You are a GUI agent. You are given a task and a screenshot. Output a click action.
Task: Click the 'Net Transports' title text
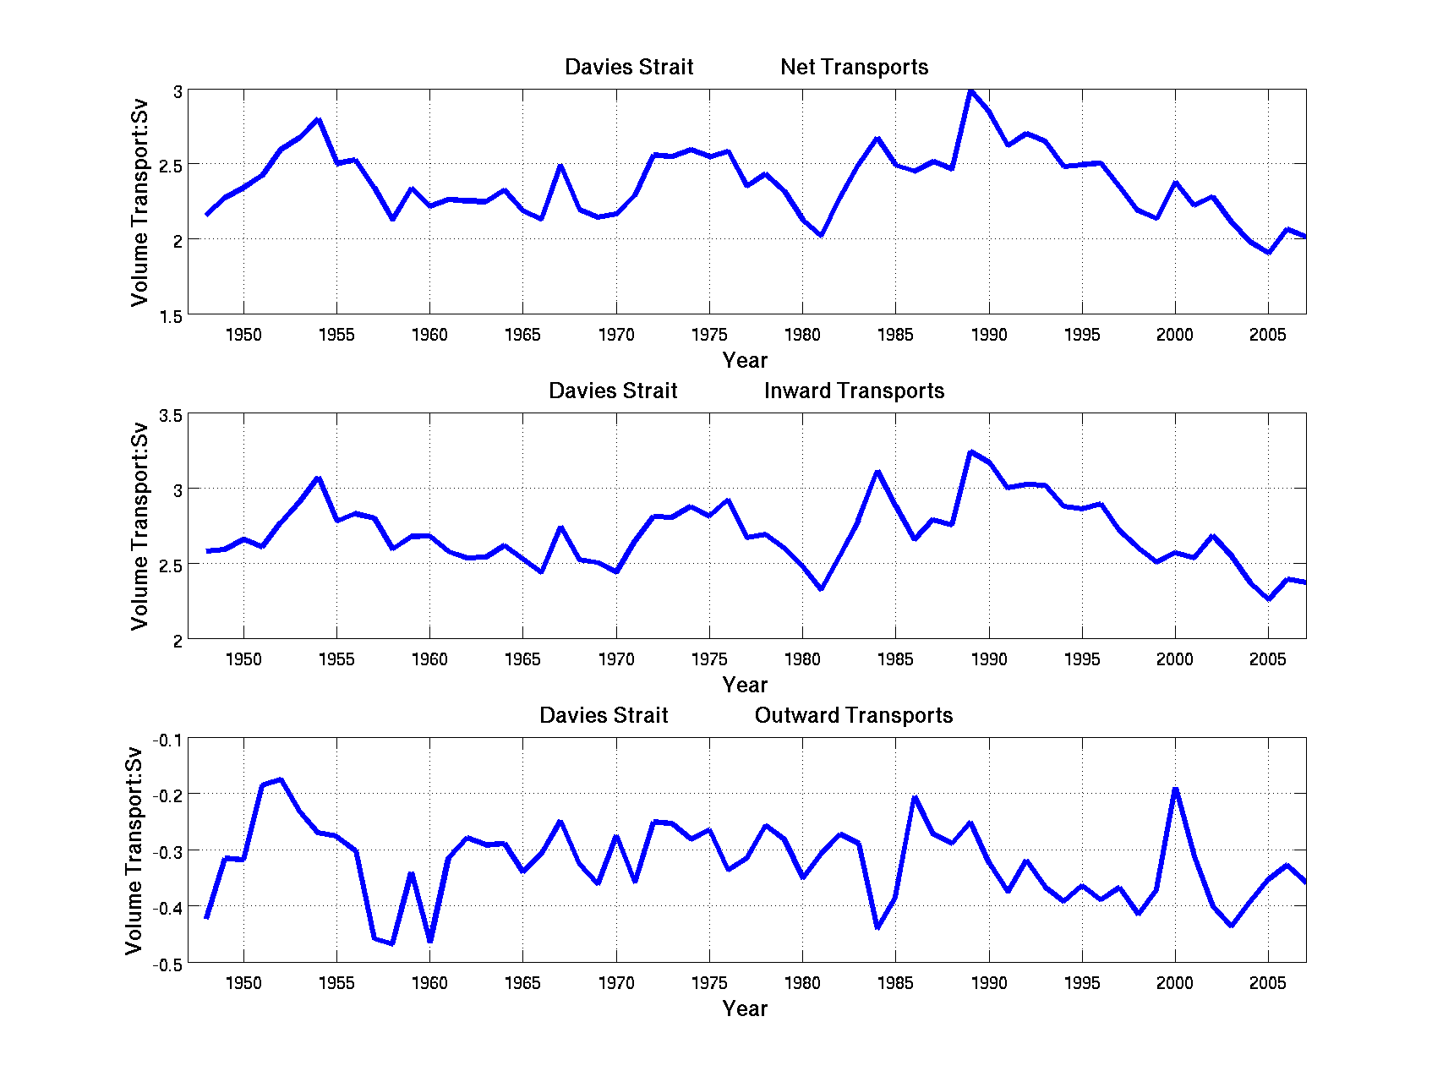[854, 68]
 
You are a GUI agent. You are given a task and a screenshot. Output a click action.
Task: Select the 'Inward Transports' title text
[854, 391]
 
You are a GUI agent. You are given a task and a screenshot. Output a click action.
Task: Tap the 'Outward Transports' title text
[854, 716]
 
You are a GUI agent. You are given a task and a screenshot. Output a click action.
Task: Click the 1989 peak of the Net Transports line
[970, 90]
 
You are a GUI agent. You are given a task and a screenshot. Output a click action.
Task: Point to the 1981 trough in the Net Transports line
[821, 235]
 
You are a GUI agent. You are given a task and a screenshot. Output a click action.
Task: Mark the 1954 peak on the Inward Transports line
[318, 478]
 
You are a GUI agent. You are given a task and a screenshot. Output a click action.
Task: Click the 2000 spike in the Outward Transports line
[1175, 790]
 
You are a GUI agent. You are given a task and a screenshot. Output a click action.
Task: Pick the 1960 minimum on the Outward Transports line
[430, 940]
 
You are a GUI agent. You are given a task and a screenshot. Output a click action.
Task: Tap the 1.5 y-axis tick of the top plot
[172, 316]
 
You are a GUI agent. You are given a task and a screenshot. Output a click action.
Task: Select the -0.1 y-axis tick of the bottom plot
[167, 740]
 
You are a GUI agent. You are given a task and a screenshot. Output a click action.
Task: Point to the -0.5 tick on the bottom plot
[167, 965]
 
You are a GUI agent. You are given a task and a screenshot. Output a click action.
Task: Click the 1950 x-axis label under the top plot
[243, 336]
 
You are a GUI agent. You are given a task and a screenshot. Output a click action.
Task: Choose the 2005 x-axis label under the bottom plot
[1268, 983]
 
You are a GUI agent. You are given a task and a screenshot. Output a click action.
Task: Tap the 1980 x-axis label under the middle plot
[802, 659]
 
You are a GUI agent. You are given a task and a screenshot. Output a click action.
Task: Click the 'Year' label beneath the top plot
[745, 361]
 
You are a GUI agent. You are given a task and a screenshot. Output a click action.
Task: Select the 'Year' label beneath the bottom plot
[745, 1008]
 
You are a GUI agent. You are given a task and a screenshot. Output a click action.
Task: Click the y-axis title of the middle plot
[139, 526]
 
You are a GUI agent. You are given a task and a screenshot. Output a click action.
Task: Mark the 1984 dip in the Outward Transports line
[877, 927]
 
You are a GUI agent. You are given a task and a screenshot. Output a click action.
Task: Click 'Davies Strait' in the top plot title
[629, 68]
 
